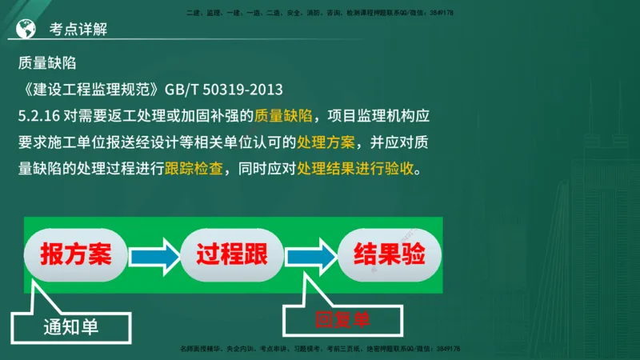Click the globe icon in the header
tap(25, 29)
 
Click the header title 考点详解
tap(78, 30)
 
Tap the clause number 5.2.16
tap(39, 115)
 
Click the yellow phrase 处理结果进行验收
tap(358, 170)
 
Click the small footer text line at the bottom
tap(320, 350)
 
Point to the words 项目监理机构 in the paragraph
tap(371, 115)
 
